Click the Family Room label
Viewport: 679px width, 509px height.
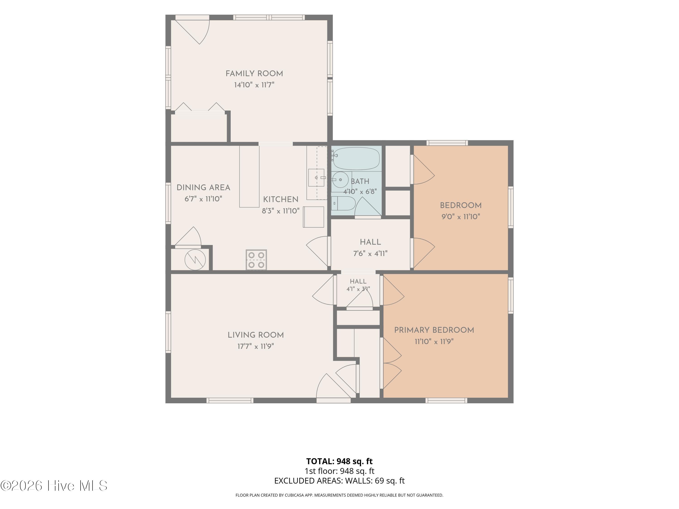click(x=254, y=74)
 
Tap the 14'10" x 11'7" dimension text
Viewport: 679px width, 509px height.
click(x=254, y=85)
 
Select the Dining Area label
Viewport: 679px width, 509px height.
click(x=203, y=188)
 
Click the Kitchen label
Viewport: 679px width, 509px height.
click(x=281, y=200)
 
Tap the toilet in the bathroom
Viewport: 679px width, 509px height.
click(x=343, y=203)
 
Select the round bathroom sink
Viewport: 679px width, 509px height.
click(x=339, y=180)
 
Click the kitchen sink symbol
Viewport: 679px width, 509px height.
click(x=316, y=178)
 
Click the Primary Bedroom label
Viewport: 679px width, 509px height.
click(x=434, y=330)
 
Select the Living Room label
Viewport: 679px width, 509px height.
click(x=256, y=335)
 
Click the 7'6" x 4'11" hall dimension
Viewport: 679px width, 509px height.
click(x=371, y=253)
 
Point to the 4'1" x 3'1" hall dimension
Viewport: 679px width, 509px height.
click(x=358, y=289)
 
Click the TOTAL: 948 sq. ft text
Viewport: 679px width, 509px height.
click(x=339, y=461)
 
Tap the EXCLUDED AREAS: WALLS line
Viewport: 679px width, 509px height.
click(x=339, y=481)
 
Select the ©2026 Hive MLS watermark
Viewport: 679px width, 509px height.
click(x=54, y=486)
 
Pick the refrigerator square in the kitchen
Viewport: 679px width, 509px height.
click(x=313, y=217)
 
